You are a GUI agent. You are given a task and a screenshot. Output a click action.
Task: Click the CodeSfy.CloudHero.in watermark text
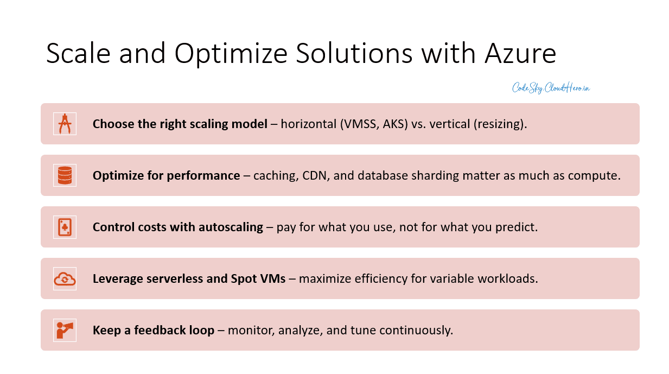pyautogui.click(x=551, y=88)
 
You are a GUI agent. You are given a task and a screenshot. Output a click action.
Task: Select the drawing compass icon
pyautogui.click(x=65, y=124)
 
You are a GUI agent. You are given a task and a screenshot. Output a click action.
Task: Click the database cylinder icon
pyautogui.click(x=65, y=175)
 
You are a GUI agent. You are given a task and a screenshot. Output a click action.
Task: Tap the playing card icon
pyautogui.click(x=65, y=227)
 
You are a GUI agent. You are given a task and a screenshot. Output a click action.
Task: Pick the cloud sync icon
pyautogui.click(x=65, y=278)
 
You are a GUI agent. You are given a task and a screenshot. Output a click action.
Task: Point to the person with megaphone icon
pyautogui.click(x=65, y=330)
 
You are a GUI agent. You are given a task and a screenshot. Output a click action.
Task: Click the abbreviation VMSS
pyautogui.click(x=360, y=124)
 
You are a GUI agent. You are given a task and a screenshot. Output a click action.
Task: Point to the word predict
pyautogui.click(x=516, y=227)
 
